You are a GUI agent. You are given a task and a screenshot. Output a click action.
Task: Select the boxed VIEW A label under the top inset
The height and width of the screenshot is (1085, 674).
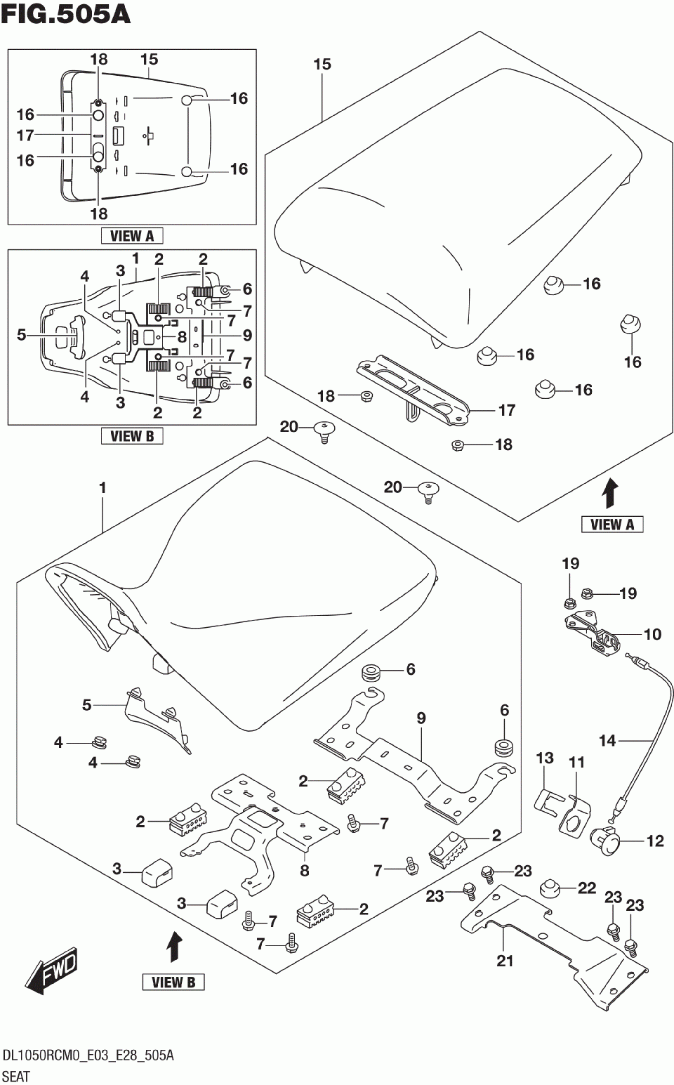coord(132,236)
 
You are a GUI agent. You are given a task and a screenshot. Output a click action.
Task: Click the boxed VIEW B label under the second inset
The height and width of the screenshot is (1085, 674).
coord(132,436)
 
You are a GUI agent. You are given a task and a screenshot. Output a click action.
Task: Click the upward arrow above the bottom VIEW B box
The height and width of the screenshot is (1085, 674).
coord(175,948)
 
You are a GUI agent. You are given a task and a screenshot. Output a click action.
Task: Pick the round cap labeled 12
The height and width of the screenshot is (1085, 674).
coord(604,842)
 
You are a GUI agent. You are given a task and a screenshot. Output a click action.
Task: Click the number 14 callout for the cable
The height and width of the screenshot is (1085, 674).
coord(607,740)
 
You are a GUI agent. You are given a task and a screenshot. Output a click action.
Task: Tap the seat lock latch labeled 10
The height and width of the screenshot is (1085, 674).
coord(592,634)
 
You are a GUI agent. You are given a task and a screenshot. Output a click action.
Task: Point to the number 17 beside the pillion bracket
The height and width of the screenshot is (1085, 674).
coord(507,410)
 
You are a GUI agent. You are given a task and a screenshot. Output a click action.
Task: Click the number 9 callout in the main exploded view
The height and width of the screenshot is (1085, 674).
coord(421,718)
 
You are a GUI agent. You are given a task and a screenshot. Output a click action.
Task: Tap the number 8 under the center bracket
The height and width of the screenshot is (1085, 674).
coord(304,870)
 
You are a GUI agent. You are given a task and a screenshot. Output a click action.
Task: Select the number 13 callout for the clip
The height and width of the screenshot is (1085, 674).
coord(545,757)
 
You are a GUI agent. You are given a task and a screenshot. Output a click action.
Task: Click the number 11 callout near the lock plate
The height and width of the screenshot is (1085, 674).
coord(576,763)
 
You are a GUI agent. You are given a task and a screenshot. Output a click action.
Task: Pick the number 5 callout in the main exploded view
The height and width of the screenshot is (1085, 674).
coord(86,705)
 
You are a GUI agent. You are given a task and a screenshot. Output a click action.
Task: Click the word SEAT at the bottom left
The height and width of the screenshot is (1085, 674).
coord(16,1077)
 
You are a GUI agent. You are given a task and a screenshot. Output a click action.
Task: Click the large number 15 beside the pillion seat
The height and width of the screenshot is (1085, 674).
coord(322,64)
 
